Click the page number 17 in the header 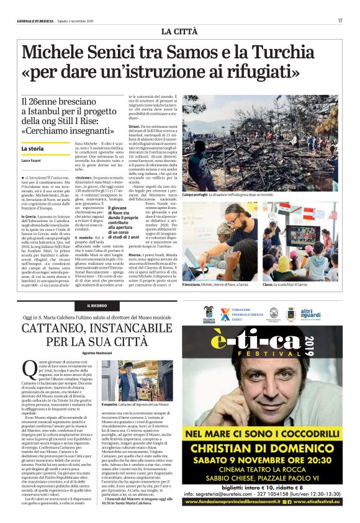(340, 20)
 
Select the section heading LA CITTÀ (179, 31)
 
